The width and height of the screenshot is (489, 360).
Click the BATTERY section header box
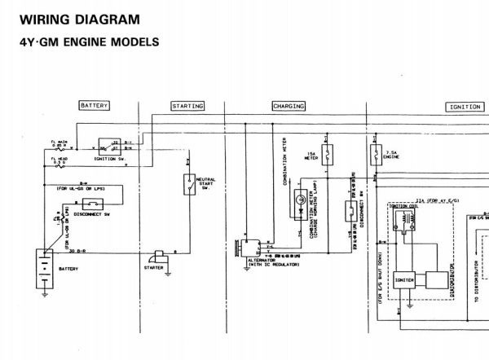tap(94, 107)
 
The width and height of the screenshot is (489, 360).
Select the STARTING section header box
tap(187, 107)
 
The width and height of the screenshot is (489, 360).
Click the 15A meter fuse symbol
tap(327, 153)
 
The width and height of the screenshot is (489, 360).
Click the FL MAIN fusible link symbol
tap(57, 147)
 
